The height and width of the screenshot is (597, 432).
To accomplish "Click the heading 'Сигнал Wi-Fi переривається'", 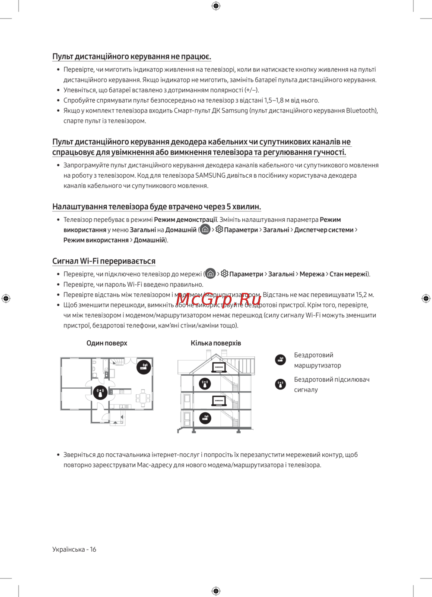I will click(104, 261).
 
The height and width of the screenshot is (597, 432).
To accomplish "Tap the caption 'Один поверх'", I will click(107, 343).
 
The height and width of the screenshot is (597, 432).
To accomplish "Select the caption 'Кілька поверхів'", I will click(216, 343).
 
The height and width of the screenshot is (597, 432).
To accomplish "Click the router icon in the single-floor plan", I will click(144, 367).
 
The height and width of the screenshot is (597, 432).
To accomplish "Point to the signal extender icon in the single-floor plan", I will click(100, 393).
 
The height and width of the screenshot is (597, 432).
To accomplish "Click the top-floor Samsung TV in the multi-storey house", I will click(219, 367).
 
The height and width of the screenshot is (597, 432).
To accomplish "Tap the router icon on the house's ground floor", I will click(205, 418).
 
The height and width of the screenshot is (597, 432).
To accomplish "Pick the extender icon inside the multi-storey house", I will click(205, 383).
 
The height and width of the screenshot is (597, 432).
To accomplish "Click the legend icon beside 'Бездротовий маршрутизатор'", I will click(280, 360).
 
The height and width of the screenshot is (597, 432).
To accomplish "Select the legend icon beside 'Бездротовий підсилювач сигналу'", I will click(280, 384).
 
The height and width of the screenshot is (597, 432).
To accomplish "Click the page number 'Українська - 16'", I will click(74, 549).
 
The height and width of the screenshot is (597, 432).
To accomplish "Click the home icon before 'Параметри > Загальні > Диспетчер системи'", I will click(205, 229).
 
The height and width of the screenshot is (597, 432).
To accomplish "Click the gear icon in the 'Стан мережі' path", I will click(224, 274).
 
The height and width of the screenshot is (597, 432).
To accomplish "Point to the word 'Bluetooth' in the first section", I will click(361, 110).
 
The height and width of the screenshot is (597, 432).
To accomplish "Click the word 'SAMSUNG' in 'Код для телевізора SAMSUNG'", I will click(210, 175).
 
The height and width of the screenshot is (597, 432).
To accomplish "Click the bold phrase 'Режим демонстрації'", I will click(185, 220).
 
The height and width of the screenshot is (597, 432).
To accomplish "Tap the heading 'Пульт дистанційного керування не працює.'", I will click(132, 57).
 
